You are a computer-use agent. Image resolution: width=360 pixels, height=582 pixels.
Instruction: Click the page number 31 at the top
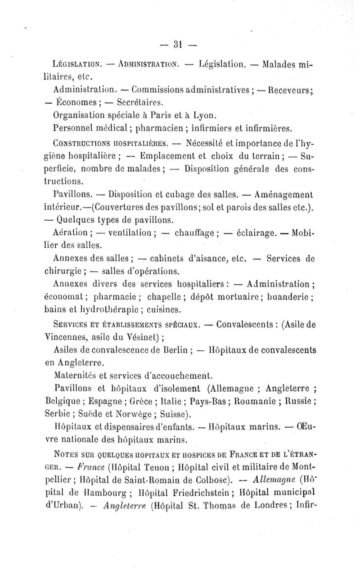[x=179, y=44]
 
